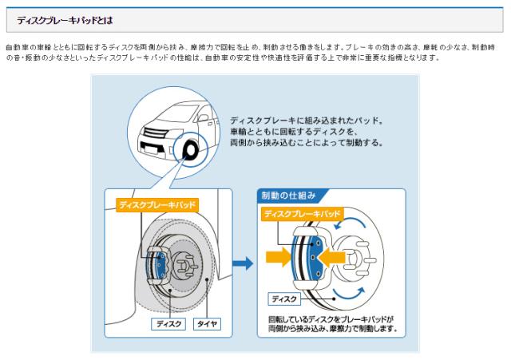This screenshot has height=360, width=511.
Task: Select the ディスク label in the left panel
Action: coord(168,324)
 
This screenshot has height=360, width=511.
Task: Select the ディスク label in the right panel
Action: coord(284,299)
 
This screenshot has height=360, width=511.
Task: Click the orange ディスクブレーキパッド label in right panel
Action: coord(302,214)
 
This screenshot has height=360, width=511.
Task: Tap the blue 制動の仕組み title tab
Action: coord(289,195)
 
